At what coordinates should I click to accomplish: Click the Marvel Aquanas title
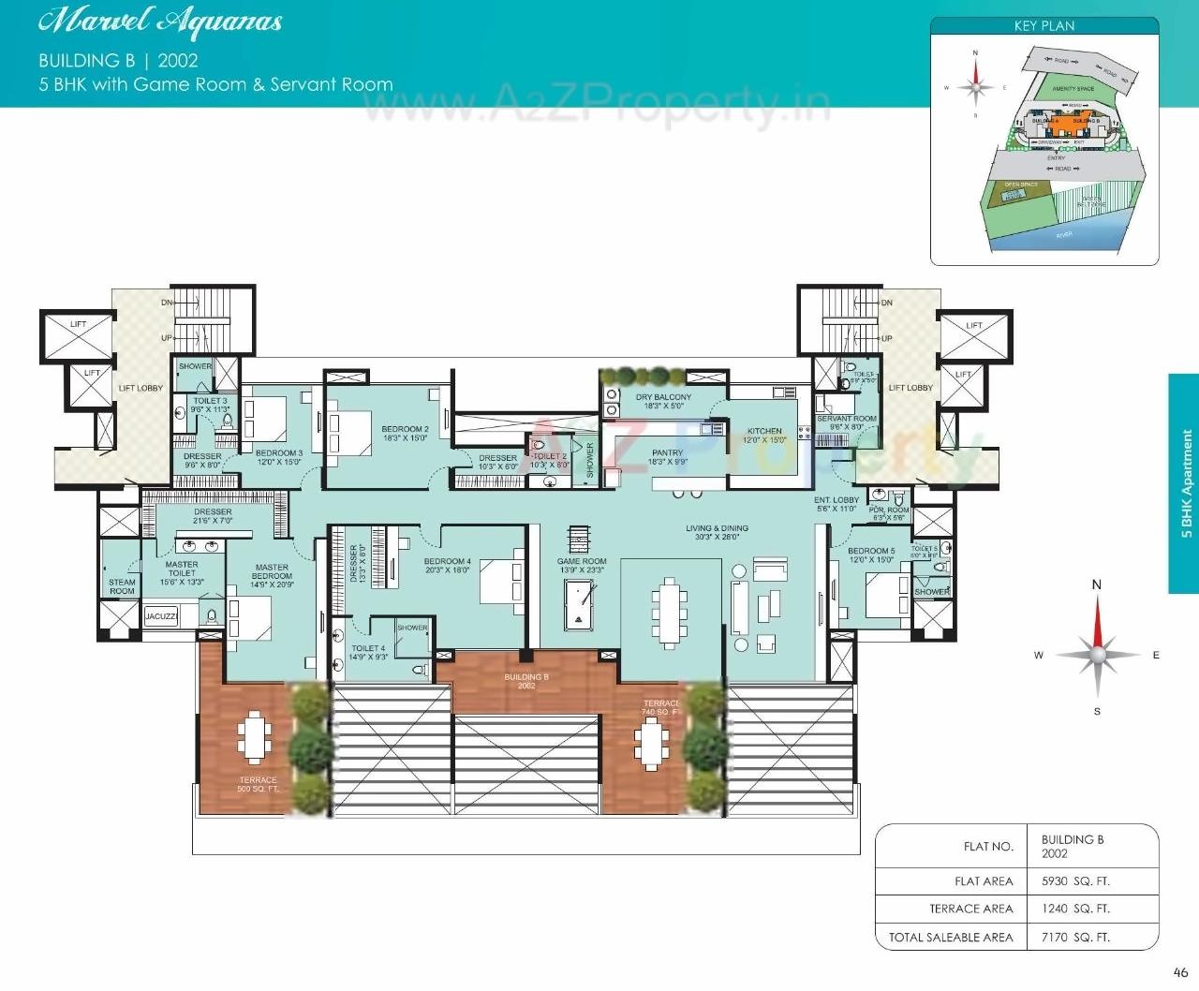click(160, 22)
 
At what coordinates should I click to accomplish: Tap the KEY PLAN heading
click(1044, 26)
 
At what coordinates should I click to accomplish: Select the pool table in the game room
click(579, 606)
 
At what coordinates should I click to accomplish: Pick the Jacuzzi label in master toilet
click(161, 616)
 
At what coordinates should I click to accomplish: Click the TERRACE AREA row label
click(970, 909)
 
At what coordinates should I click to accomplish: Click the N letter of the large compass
click(1097, 585)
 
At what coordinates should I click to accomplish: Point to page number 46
click(1180, 972)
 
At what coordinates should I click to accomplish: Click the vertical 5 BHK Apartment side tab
click(1185, 483)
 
